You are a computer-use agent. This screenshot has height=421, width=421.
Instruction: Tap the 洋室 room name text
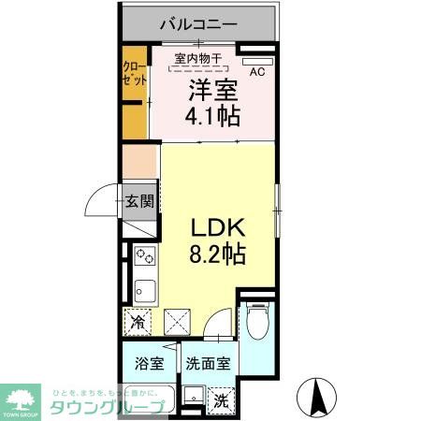pos(213,92)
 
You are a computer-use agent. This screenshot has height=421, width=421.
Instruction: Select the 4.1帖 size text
pos(213,116)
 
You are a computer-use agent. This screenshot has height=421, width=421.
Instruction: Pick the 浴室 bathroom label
pos(147,363)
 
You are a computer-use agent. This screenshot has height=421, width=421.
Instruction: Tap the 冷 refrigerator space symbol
pos(138,324)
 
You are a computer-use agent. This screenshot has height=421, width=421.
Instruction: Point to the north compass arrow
pos(315,397)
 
